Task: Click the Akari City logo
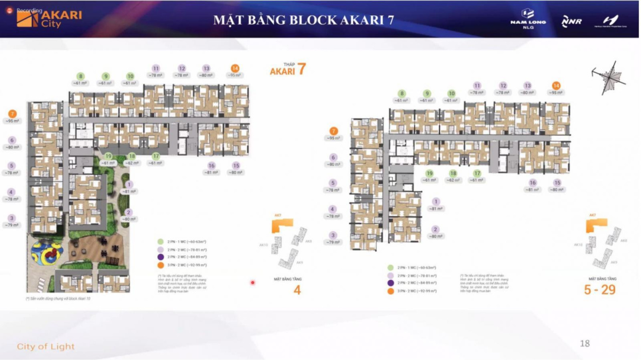point(49,18)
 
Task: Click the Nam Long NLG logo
point(528,19)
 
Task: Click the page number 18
point(585,344)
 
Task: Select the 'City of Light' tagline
point(46,346)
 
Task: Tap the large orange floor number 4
point(297,290)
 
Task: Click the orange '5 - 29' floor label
point(600,290)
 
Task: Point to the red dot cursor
point(252,283)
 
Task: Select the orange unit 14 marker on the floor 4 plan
point(235,68)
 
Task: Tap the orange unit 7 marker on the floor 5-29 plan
point(333,131)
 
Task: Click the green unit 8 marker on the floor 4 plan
point(80,76)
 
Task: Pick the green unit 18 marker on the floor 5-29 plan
point(453,173)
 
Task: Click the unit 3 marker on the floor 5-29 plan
point(333,235)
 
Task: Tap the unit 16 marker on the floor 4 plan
point(211,165)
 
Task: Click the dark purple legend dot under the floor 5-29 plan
point(391,283)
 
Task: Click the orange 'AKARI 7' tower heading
point(288,70)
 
